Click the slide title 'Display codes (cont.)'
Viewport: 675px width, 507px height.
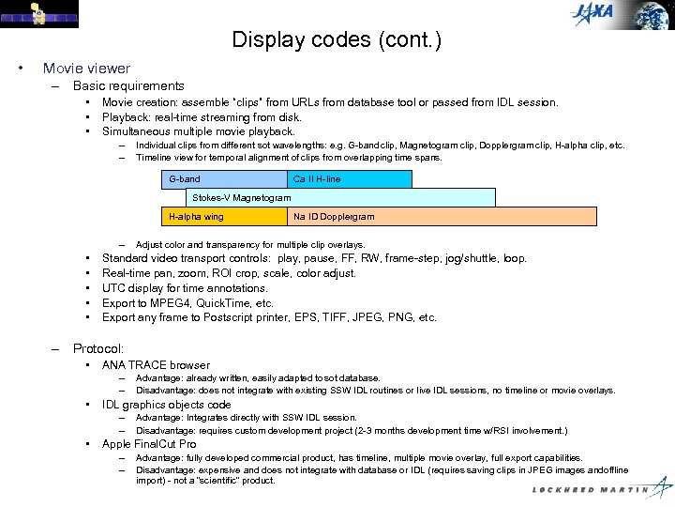(337, 40)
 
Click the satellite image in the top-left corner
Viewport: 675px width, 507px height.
(38, 14)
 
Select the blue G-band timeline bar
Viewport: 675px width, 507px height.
(224, 179)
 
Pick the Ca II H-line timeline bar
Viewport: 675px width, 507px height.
(350, 179)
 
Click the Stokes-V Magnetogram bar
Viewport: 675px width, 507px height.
(328, 197)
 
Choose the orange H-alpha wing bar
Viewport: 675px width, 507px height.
(224, 216)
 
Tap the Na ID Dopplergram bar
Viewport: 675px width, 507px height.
(441, 216)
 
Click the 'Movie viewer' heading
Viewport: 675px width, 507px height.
(86, 69)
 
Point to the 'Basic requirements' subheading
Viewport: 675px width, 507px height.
(128, 85)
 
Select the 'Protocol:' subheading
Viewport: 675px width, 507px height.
(98, 348)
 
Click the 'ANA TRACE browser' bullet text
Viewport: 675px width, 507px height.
(156, 364)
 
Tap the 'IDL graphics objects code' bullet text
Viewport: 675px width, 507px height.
(166, 405)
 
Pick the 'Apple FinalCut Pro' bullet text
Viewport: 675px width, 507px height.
(149, 444)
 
